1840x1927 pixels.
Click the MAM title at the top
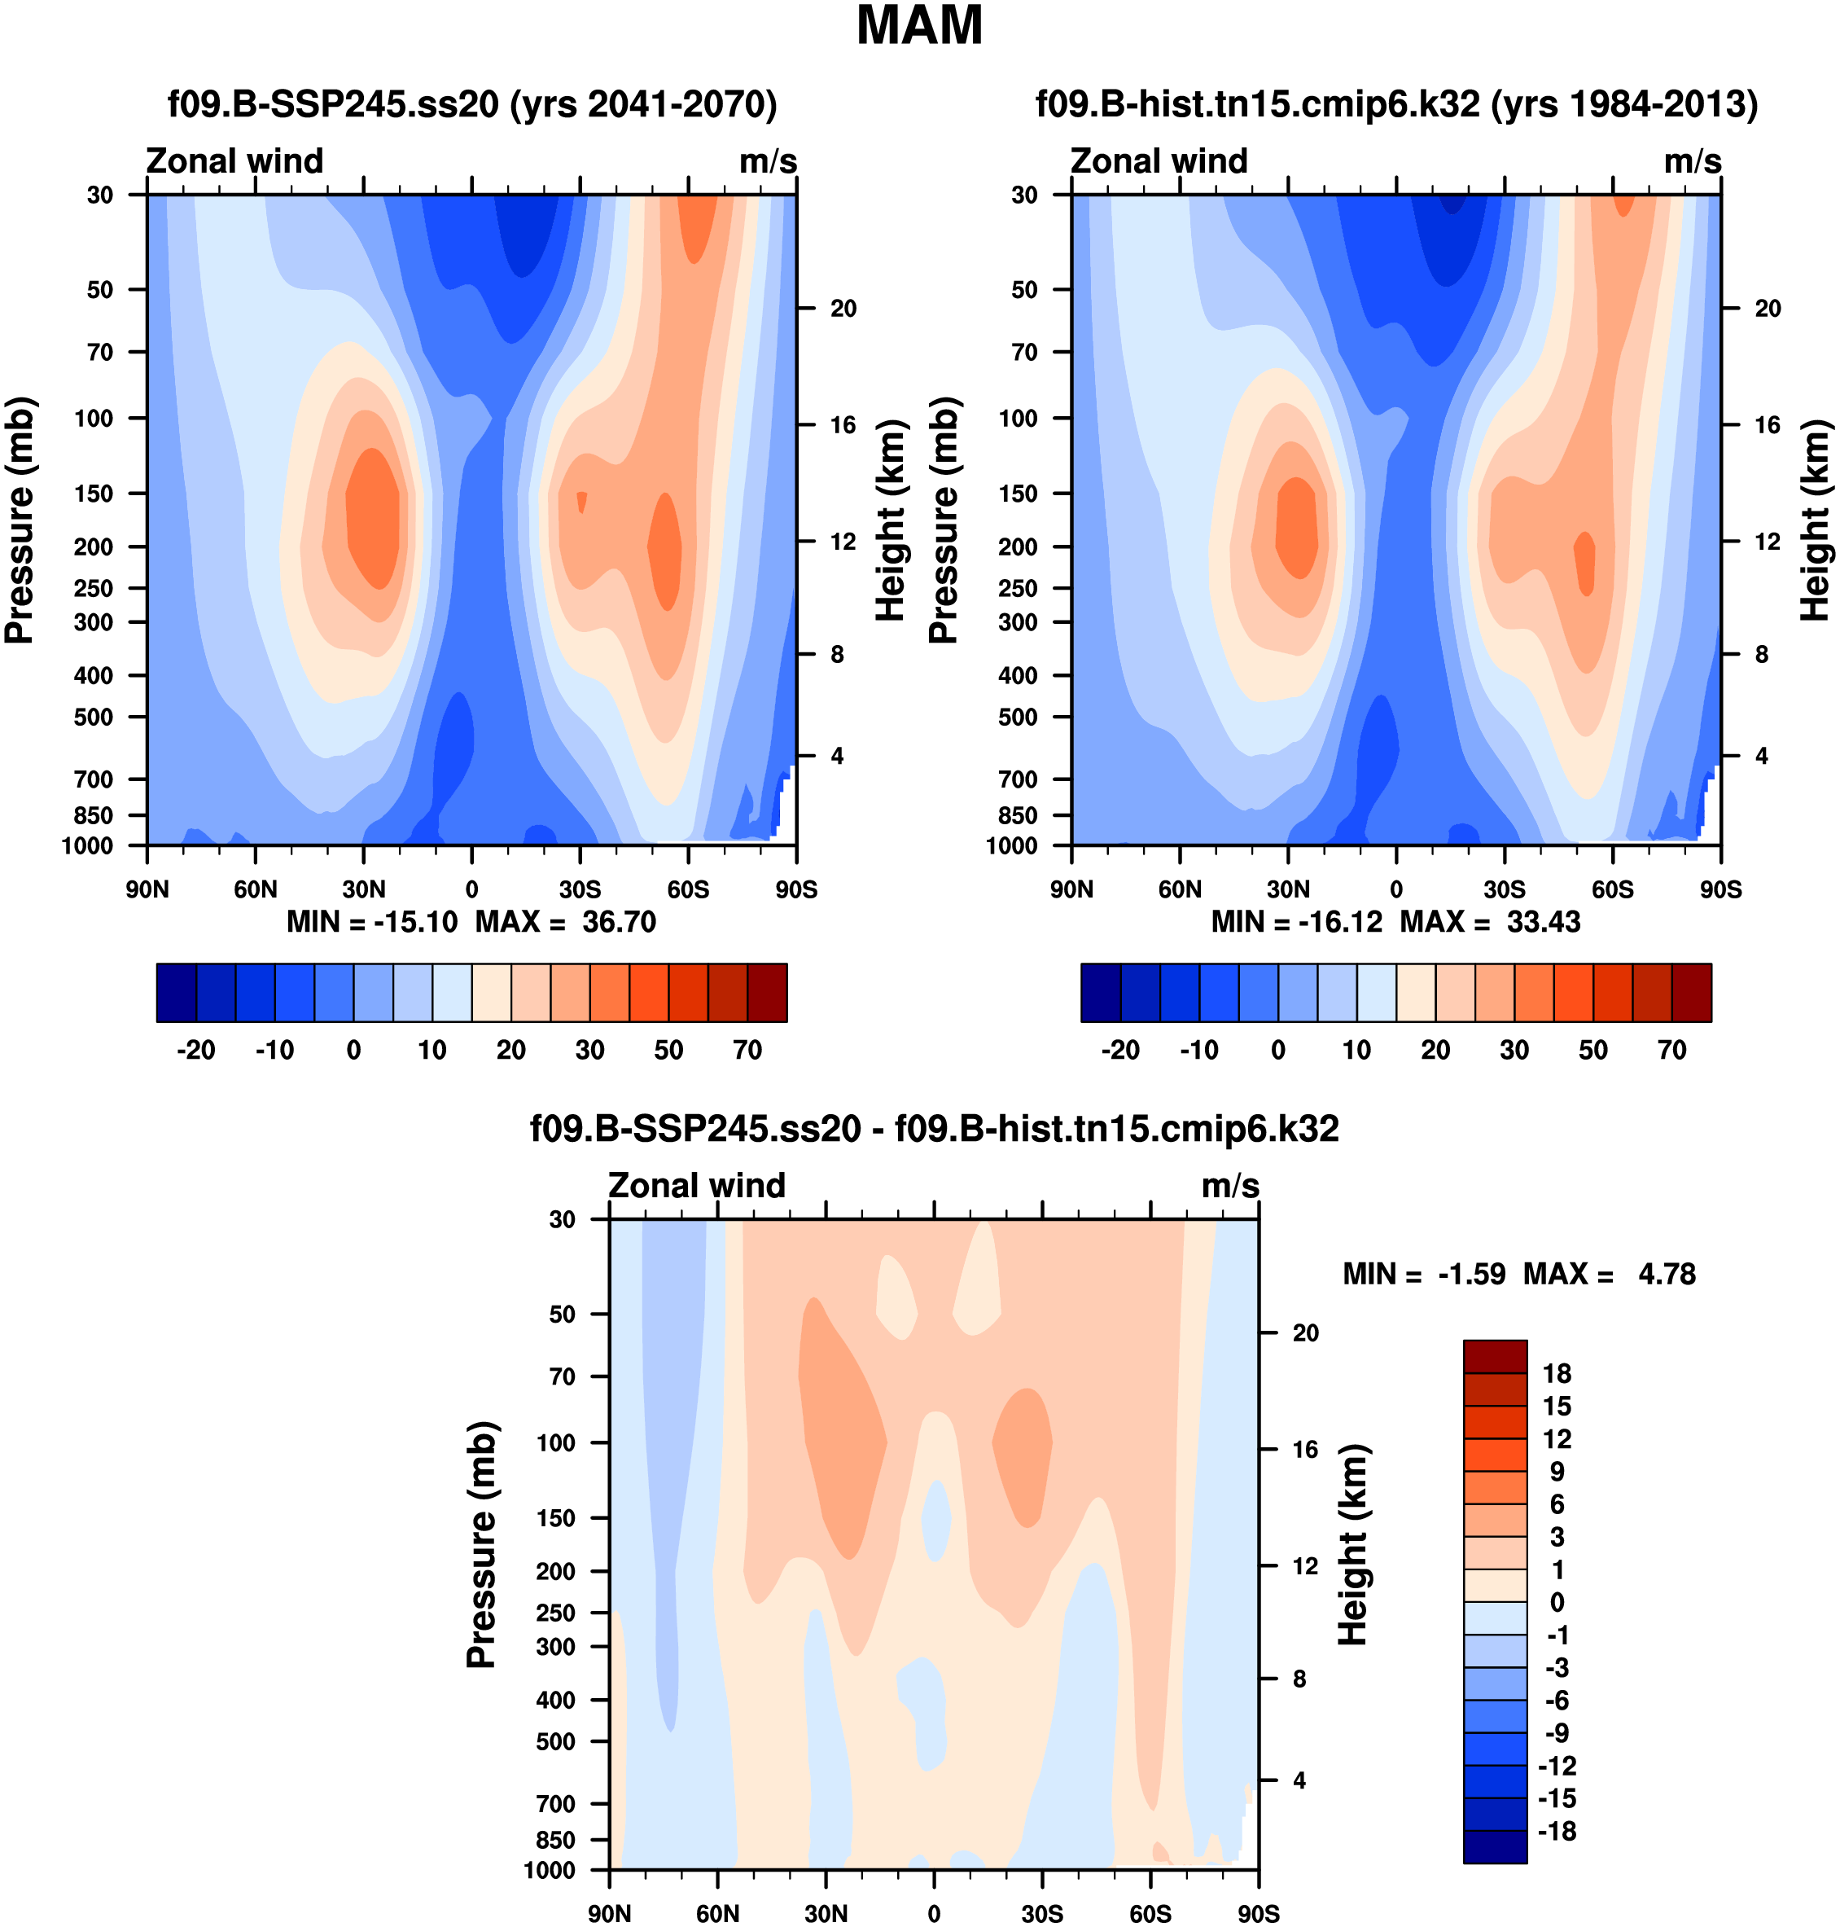click(919, 27)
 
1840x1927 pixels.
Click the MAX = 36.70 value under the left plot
click(566, 922)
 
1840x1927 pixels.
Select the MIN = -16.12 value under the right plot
click(1297, 922)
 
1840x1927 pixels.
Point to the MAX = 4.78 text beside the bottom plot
click(1610, 1275)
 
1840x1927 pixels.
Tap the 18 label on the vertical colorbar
click(1557, 1374)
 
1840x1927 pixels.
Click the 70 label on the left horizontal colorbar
click(747, 1050)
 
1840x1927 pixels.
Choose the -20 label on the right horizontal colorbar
click(1120, 1050)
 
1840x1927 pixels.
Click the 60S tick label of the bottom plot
click(1150, 1914)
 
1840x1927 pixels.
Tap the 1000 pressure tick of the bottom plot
click(550, 1870)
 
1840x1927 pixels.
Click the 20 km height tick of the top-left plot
click(843, 309)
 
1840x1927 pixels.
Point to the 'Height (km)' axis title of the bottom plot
click(1352, 1544)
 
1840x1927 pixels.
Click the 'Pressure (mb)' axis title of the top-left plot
click(20, 520)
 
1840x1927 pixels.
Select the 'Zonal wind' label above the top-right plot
click(1159, 161)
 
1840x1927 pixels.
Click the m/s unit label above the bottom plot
click(1230, 1185)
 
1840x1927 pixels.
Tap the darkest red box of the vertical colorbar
click(1495, 1357)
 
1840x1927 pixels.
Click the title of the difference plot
click(934, 1130)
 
